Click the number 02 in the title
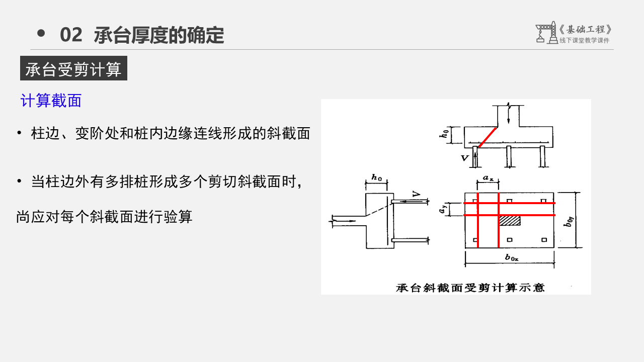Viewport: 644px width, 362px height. [x=71, y=35]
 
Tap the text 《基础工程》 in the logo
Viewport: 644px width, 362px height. [x=586, y=30]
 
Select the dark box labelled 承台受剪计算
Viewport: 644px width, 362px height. [x=73, y=69]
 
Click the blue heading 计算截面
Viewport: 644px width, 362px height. [x=51, y=101]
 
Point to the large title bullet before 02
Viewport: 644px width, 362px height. [x=41, y=34]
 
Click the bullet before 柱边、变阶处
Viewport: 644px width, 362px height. [x=19, y=133]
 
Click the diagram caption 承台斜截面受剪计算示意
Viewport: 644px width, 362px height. [x=470, y=288]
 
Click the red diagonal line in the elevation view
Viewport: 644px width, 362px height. [x=487, y=137]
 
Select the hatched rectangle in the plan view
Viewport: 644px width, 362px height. [x=509, y=220]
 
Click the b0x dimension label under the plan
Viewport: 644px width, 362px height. [x=511, y=257]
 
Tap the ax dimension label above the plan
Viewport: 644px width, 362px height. [x=488, y=178]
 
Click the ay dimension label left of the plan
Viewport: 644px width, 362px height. [x=442, y=209]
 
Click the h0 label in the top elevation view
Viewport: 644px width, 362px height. [x=444, y=134]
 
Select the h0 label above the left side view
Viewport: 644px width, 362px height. [x=376, y=177]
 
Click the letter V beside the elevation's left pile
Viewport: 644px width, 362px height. [x=465, y=158]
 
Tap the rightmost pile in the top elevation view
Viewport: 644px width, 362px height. [x=543, y=156]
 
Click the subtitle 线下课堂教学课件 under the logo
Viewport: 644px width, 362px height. [x=584, y=40]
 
